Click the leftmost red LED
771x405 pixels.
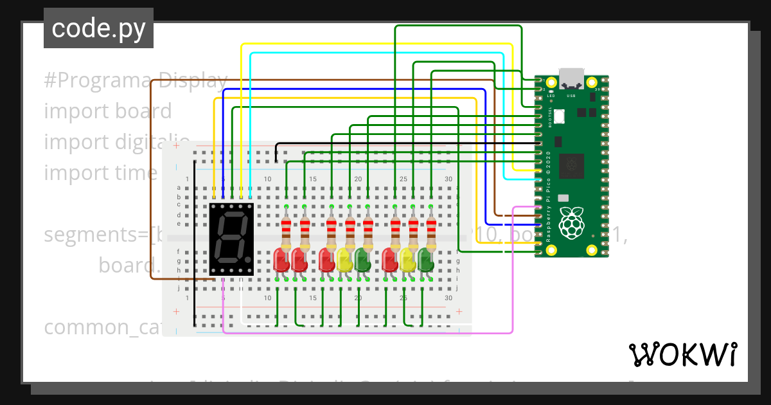point(281,260)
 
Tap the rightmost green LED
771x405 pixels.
point(425,260)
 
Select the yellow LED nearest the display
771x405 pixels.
point(344,260)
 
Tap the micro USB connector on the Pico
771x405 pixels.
point(571,78)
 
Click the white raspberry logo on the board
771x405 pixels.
point(571,222)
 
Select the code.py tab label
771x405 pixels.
point(98,29)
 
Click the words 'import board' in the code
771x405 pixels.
point(107,111)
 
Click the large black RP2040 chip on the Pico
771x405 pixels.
point(571,166)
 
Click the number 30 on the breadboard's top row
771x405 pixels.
point(448,179)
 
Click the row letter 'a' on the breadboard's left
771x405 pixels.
point(179,188)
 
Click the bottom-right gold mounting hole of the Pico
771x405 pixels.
point(592,250)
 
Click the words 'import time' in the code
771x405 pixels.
point(100,173)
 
